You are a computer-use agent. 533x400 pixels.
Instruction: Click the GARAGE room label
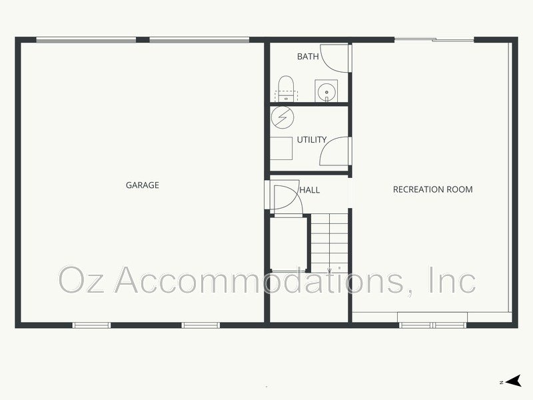pyautogui.click(x=143, y=185)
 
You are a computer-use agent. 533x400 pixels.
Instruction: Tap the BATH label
pyautogui.click(x=308, y=57)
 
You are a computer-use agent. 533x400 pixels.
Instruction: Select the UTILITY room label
pyautogui.click(x=312, y=139)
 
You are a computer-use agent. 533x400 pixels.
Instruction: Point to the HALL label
pyautogui.click(x=310, y=190)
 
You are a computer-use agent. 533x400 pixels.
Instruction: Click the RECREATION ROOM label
pyautogui.click(x=432, y=189)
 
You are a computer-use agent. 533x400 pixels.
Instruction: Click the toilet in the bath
pyautogui.click(x=286, y=89)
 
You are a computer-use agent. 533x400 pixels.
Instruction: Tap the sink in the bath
pyautogui.click(x=326, y=91)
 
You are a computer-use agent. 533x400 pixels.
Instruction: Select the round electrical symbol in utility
pyautogui.click(x=282, y=117)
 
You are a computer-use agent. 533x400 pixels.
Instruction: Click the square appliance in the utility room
pyautogui.click(x=281, y=148)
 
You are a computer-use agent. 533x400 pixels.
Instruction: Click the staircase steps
pyautogui.click(x=329, y=243)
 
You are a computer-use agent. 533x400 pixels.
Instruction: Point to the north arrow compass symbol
pyautogui.click(x=513, y=381)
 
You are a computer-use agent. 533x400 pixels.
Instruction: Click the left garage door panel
pyautogui.click(x=86, y=40)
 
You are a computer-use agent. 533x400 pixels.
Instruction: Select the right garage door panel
pyautogui.click(x=199, y=40)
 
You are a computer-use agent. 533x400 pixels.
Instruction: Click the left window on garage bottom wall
pyautogui.click(x=92, y=325)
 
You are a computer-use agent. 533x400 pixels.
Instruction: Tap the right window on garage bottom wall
pyautogui.click(x=201, y=325)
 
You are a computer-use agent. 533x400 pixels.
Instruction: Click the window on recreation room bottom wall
pyautogui.click(x=433, y=325)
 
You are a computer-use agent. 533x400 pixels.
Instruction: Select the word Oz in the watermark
pyautogui.click(x=81, y=280)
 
